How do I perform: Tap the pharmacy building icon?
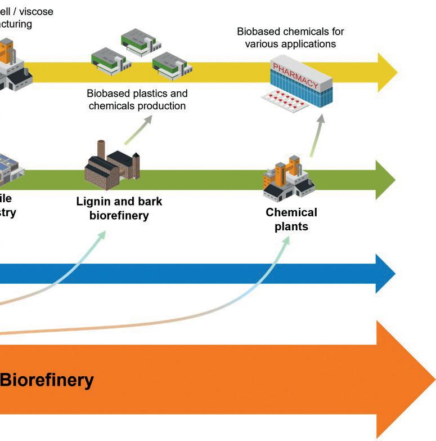pos(307,84)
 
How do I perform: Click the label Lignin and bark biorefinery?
pos(119,208)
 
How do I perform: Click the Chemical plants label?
pos(291,220)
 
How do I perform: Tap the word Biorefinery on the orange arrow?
pos(47,380)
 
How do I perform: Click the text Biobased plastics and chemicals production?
pos(137,100)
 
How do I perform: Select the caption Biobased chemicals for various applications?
pos(290,37)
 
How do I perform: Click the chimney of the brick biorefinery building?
pos(101,149)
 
